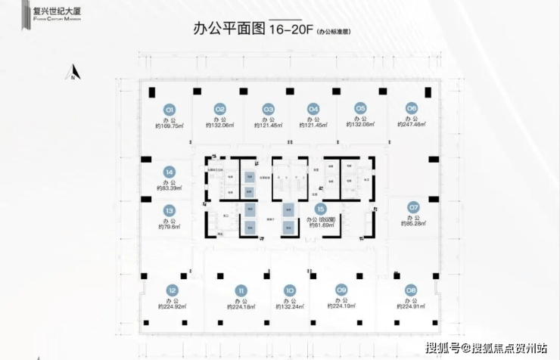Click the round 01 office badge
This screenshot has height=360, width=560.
[x=170, y=108]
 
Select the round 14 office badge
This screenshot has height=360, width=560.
[x=170, y=172]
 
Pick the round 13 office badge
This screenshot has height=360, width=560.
[x=170, y=211]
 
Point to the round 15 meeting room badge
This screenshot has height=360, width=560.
[x=321, y=208]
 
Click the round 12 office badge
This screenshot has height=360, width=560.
[x=173, y=290]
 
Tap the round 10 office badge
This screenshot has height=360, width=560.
[x=289, y=290]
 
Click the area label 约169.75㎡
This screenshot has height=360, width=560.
[x=170, y=126]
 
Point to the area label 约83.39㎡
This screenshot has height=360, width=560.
[x=170, y=188]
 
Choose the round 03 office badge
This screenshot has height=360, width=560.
[x=268, y=108]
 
